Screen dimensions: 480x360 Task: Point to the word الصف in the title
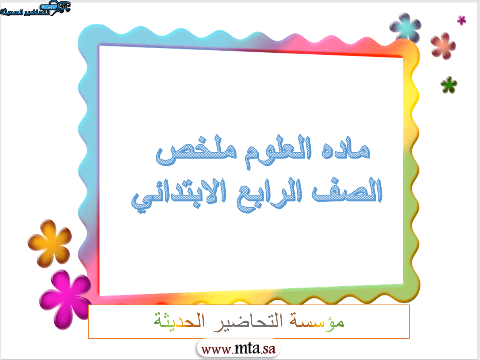347,190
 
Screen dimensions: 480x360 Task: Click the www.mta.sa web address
238,349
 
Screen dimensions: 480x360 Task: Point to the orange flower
50,243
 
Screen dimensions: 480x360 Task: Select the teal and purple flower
405,28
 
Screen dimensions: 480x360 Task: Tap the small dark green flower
449,85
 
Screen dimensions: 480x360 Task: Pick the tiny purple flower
461,20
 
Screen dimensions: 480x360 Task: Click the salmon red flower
443,46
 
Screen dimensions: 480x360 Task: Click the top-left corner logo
35,8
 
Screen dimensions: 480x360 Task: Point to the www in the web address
216,350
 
